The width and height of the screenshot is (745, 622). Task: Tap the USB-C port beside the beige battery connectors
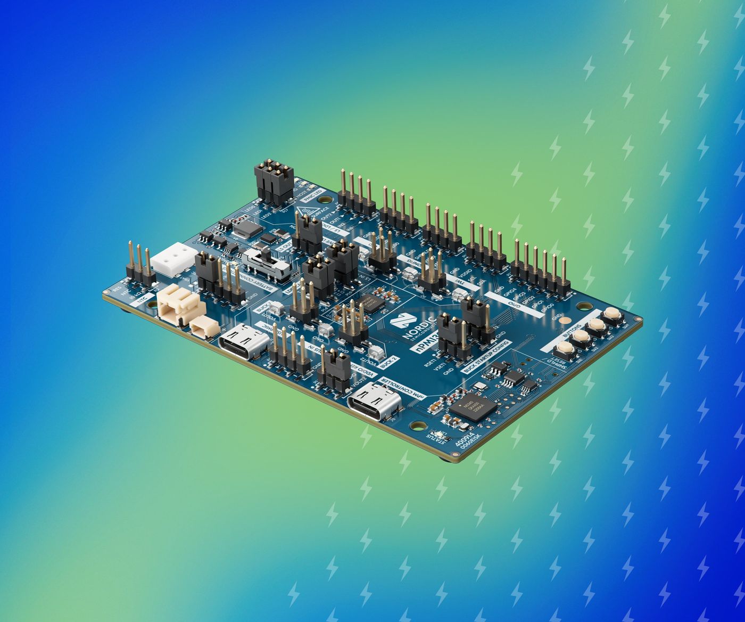(243, 341)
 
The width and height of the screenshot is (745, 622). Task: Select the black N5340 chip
(474, 407)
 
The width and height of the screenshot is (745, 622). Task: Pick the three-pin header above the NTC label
(140, 265)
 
